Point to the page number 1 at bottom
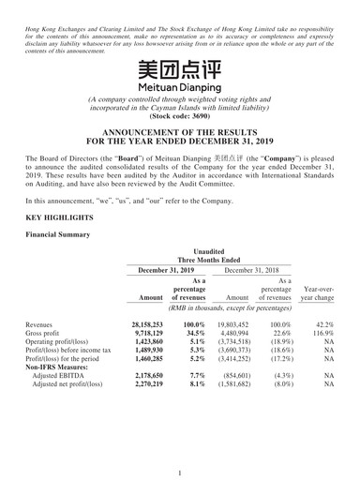(179, 461)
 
